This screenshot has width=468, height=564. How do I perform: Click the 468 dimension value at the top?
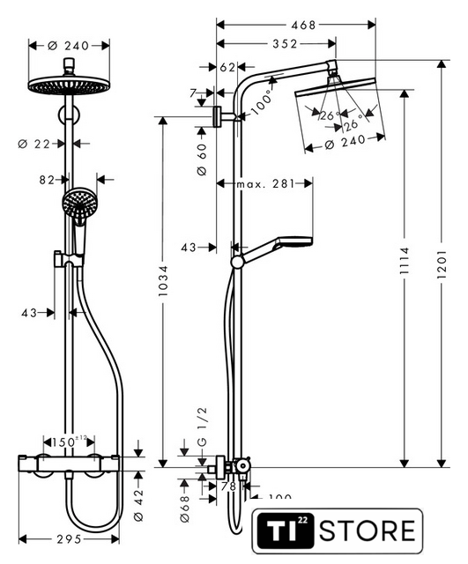[x=303, y=26]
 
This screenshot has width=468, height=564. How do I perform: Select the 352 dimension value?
[x=286, y=44]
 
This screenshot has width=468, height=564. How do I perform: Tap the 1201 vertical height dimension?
[x=442, y=264]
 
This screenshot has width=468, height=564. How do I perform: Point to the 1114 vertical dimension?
[x=405, y=261]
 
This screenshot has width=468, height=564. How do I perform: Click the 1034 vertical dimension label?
[x=163, y=280]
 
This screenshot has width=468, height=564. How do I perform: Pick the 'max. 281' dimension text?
[x=265, y=184]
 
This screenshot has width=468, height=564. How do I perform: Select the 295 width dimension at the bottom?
[x=69, y=538]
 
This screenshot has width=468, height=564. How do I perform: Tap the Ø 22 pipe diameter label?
[x=33, y=144]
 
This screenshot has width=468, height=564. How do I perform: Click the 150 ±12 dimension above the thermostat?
[x=70, y=442]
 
